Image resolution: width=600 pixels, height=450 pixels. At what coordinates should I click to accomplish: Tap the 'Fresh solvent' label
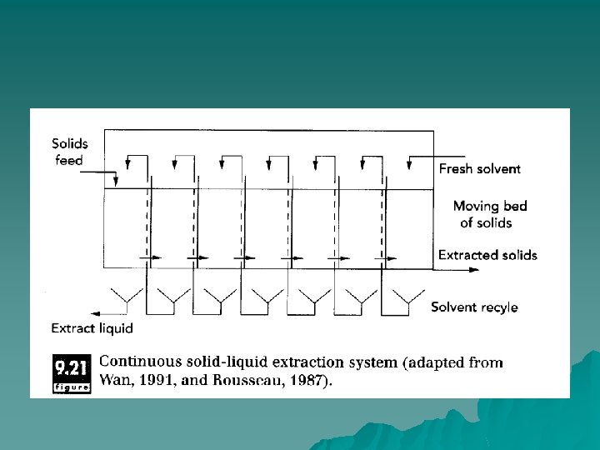(479, 168)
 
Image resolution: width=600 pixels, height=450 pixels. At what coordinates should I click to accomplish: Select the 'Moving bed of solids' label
(489, 214)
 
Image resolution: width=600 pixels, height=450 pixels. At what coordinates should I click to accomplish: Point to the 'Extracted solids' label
(487, 255)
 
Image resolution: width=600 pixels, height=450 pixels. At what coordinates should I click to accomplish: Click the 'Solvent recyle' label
(473, 307)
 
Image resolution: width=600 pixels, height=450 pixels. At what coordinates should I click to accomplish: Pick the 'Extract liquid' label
(92, 328)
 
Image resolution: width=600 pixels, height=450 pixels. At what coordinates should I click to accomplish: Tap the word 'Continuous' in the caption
(138, 362)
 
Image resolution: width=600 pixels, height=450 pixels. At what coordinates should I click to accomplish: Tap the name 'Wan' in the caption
(113, 381)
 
